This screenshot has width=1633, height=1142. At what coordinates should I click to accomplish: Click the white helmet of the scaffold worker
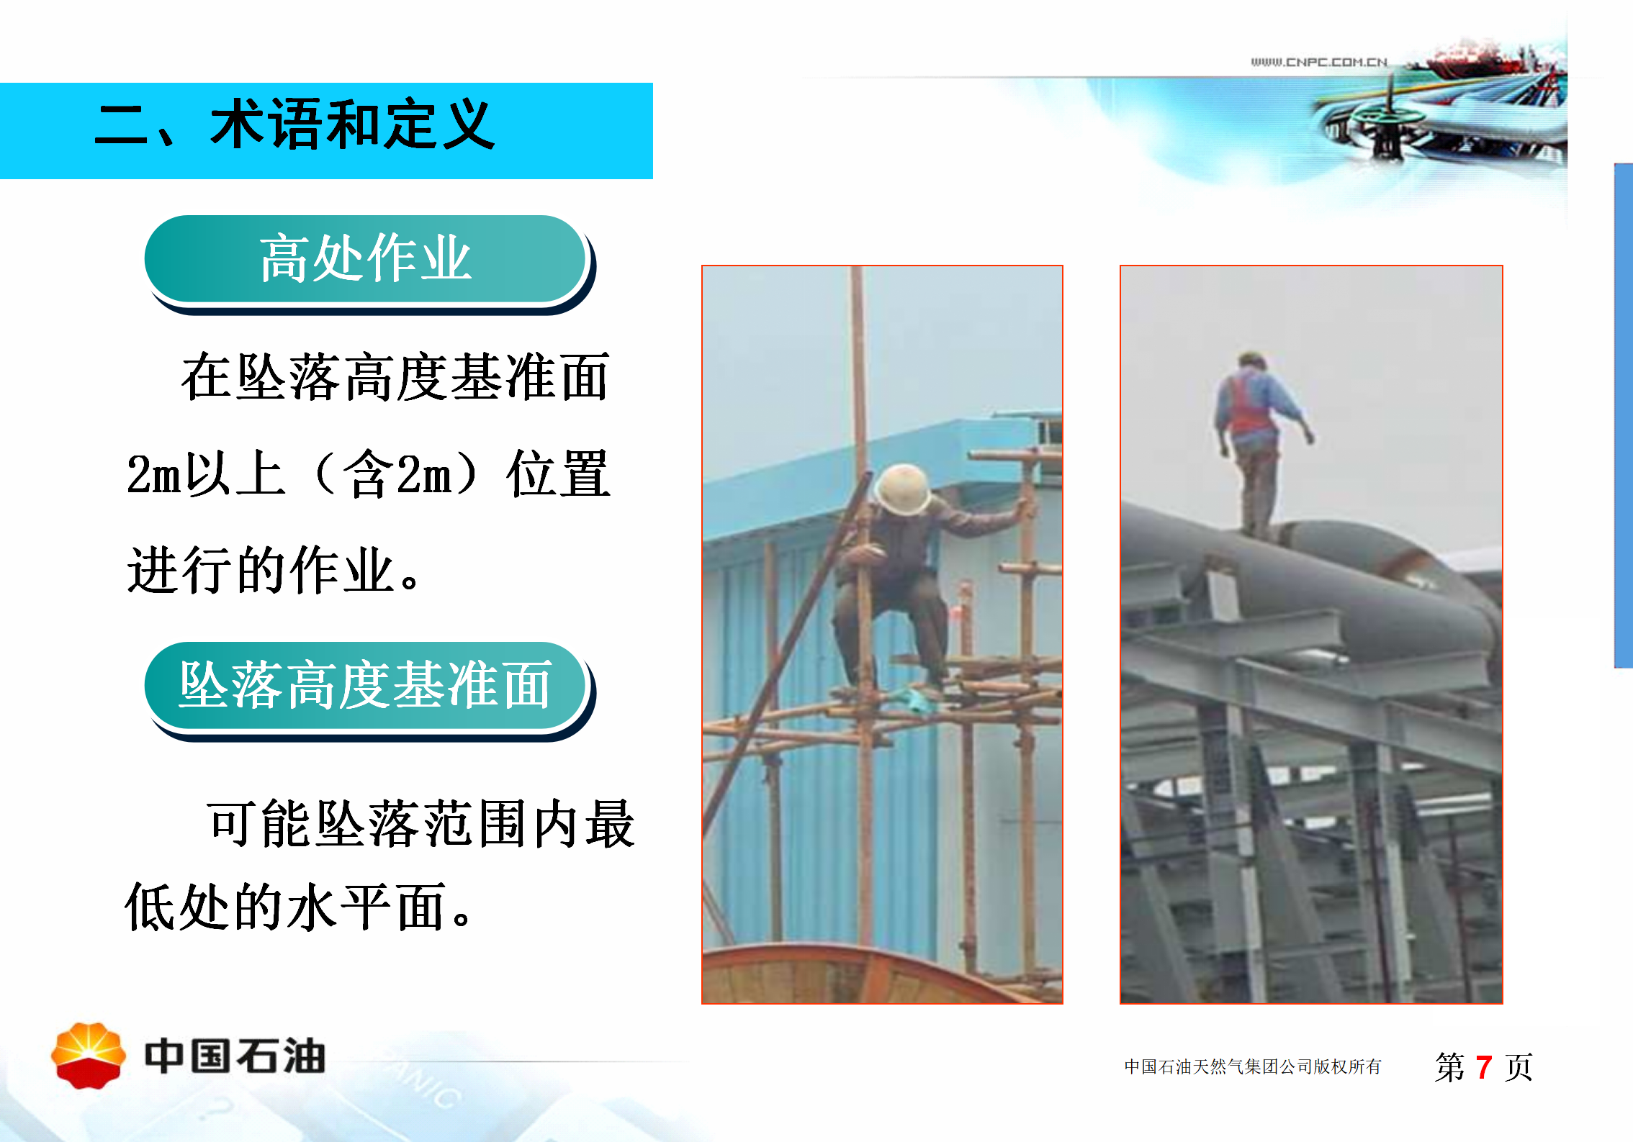pos(902,489)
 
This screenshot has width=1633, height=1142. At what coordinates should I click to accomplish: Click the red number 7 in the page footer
pos(1483,1067)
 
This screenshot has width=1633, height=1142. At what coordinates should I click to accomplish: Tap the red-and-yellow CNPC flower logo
pos(89,1056)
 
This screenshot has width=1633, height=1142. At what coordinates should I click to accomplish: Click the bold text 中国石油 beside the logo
pos(235,1056)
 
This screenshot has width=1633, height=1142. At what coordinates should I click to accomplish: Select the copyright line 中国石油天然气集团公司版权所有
pos(1253,1066)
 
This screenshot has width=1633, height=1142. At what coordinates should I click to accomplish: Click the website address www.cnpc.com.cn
pos(1319,62)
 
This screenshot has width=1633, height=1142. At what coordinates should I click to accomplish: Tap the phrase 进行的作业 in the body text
pos(261,570)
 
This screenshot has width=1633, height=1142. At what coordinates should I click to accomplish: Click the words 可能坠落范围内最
pos(421,824)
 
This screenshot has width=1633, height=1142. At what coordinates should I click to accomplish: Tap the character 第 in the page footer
pos(1449,1067)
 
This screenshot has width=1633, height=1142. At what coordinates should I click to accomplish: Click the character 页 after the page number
pos(1519,1067)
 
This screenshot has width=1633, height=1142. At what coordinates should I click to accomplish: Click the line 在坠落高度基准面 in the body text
pos(395,377)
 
